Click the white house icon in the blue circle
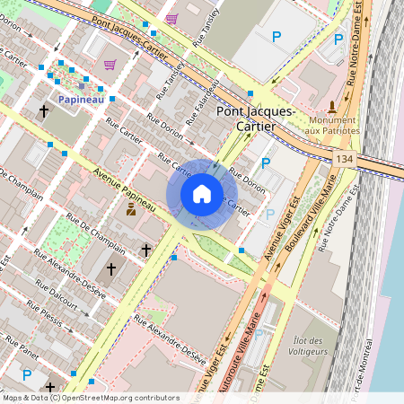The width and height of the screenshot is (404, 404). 202,194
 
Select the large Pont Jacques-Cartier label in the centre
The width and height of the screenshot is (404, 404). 256,119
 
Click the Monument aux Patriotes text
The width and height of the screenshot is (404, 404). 333,125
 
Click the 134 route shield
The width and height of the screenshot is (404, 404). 344,158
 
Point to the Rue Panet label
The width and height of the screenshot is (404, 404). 21,347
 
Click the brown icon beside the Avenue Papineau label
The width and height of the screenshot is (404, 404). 130,210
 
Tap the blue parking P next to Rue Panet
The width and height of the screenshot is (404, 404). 26,374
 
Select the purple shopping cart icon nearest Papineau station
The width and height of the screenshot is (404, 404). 110,65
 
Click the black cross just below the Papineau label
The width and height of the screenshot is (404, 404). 43,111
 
